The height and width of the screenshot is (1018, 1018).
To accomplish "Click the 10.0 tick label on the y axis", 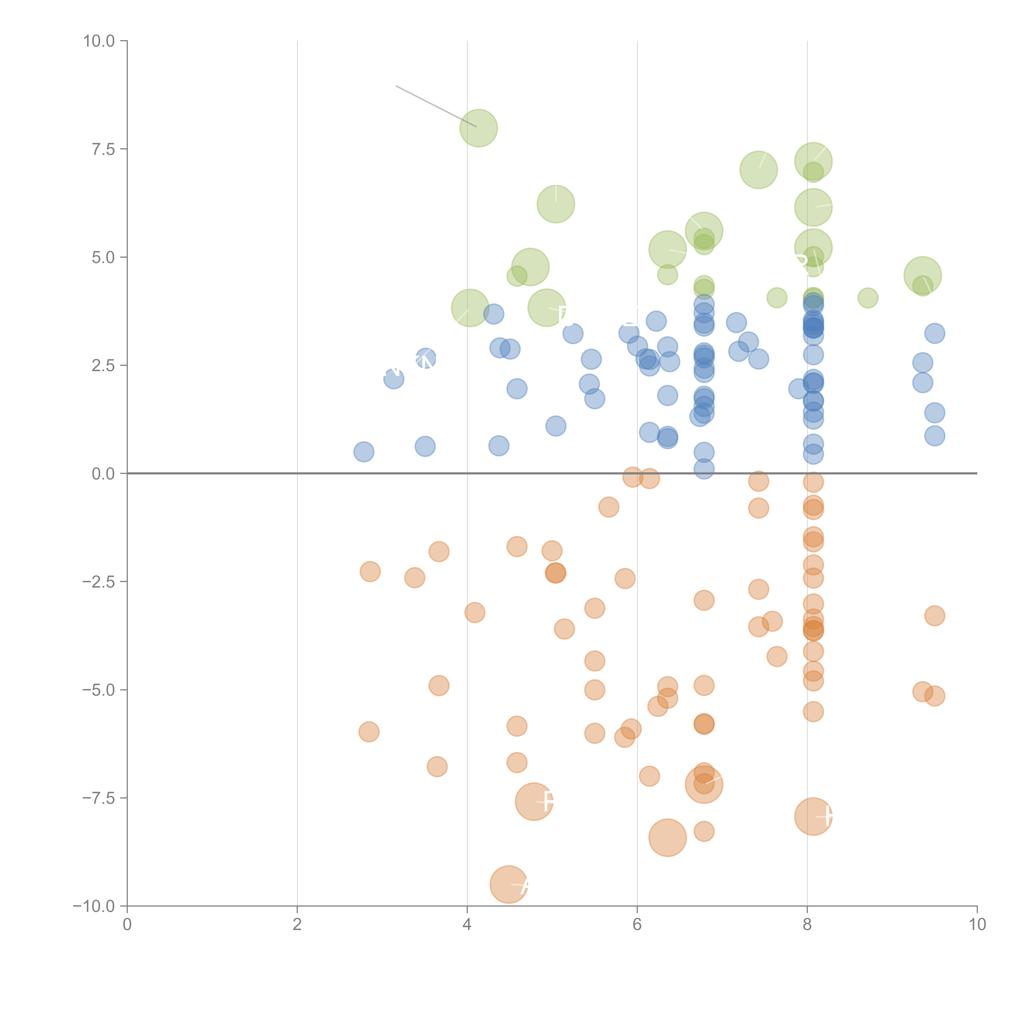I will tap(99, 41).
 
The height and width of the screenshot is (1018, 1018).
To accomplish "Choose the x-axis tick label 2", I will tap(297, 925).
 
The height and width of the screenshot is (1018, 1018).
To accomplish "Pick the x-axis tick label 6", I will tap(637, 925).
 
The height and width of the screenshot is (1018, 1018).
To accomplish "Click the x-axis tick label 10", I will tap(977, 925).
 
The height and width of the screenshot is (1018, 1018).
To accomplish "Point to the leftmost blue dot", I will tap(364, 452).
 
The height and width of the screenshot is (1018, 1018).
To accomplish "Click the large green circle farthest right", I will tap(922, 275).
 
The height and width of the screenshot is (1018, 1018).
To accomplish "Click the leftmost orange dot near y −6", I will tap(369, 731).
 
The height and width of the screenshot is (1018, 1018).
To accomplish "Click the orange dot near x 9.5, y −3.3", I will tap(934, 615).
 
